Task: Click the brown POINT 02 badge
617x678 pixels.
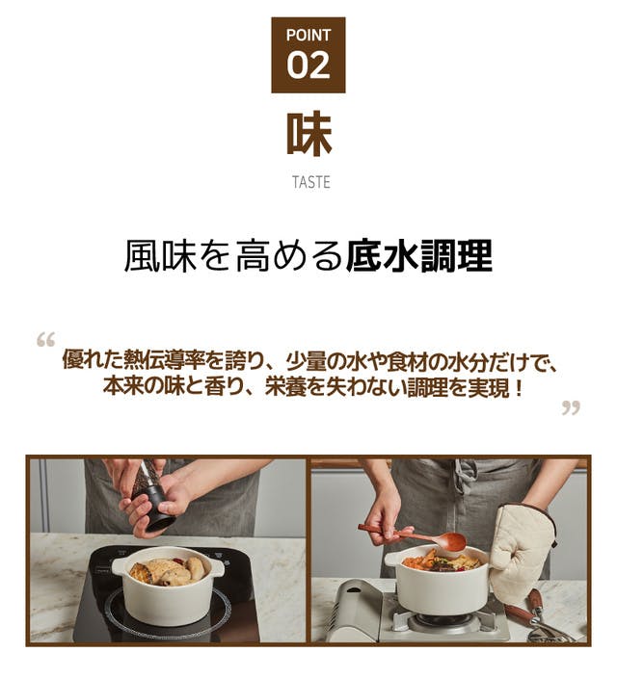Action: coord(308,55)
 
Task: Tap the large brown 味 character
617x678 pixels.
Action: coord(309,134)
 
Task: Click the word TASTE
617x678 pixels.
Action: coord(310,182)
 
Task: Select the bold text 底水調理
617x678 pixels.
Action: coord(418,256)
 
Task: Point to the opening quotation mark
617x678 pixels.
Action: coord(45,340)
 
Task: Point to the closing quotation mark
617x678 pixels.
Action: coord(571,407)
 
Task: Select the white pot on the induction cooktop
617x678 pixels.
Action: coord(168,587)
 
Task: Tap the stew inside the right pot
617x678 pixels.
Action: coord(442,561)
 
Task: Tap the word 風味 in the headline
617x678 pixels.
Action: coord(160,256)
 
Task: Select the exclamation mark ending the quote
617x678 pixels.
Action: coord(519,387)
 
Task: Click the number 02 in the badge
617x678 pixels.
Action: coord(308,65)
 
